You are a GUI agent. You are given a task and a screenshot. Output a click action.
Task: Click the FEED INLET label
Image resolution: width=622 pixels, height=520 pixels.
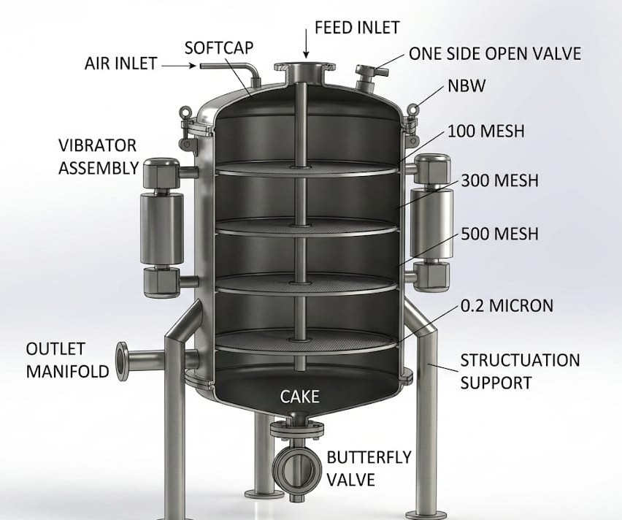[357, 28]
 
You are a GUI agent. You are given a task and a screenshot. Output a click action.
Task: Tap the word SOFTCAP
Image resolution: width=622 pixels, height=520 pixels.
[218, 47]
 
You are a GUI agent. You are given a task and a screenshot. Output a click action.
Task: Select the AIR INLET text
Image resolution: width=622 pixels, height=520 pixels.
[121, 64]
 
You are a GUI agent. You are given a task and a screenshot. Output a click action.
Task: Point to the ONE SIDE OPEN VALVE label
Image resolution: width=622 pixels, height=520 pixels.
[495, 53]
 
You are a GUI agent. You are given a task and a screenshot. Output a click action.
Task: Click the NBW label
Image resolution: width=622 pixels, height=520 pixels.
[466, 85]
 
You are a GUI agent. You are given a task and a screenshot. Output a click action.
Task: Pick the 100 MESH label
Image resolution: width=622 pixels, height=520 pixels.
[486, 131]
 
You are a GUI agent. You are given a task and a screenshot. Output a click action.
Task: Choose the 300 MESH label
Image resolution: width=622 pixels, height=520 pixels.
[500, 180]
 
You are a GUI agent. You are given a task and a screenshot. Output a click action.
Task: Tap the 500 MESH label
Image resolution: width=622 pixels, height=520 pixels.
[500, 234]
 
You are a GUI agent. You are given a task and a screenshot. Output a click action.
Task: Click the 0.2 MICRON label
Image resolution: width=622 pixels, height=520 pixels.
[507, 306]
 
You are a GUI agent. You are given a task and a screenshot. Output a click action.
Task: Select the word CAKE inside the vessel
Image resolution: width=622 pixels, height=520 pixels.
[299, 397]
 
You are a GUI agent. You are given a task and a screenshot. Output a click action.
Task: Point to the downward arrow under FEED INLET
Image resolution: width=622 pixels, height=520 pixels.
[306, 44]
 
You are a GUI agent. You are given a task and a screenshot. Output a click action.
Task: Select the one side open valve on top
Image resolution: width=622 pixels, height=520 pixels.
[369, 77]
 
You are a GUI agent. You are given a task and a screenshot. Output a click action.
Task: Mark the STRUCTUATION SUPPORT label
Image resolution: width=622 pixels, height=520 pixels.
[520, 372]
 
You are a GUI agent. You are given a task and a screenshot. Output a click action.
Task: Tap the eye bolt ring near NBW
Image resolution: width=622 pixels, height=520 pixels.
[413, 107]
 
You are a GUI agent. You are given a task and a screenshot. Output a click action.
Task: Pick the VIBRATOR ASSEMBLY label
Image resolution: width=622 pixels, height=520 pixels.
[99, 157]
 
